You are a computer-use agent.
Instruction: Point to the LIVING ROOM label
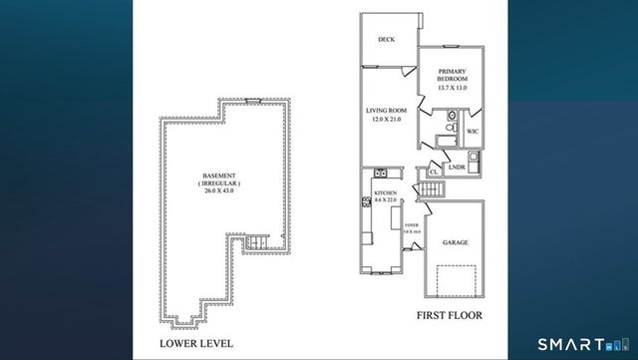(x=386, y=112)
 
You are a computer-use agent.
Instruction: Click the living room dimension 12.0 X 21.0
(x=386, y=121)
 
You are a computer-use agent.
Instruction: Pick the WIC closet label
(x=473, y=131)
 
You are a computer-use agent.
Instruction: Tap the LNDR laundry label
(x=458, y=167)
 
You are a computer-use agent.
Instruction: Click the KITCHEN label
(x=386, y=191)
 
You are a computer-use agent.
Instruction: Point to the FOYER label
(x=410, y=226)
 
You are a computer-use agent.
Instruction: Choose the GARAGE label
(x=456, y=241)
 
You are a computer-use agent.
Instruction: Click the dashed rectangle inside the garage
(x=456, y=280)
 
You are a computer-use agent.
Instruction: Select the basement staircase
(x=257, y=242)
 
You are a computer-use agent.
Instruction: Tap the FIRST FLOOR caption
(x=447, y=316)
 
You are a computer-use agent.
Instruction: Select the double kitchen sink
(x=367, y=202)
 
